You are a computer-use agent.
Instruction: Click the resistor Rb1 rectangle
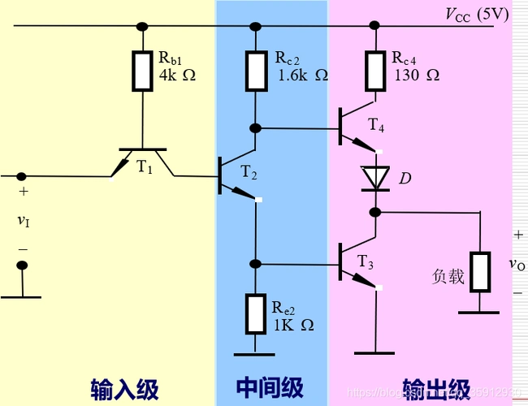click(x=141, y=71)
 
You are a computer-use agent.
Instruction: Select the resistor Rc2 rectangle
click(x=255, y=71)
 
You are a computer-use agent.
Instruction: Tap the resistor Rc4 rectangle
click(x=374, y=71)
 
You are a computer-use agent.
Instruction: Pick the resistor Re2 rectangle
click(x=255, y=314)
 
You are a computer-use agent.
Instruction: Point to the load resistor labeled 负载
click(x=480, y=272)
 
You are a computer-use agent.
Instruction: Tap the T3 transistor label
click(x=367, y=261)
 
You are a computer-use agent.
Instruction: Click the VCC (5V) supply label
click(x=476, y=15)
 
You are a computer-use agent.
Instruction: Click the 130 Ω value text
click(x=417, y=76)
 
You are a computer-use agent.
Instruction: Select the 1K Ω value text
click(x=293, y=324)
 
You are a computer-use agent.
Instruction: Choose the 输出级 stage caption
click(x=435, y=387)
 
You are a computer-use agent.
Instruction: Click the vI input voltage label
click(x=23, y=221)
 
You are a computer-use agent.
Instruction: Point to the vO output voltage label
click(x=517, y=264)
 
